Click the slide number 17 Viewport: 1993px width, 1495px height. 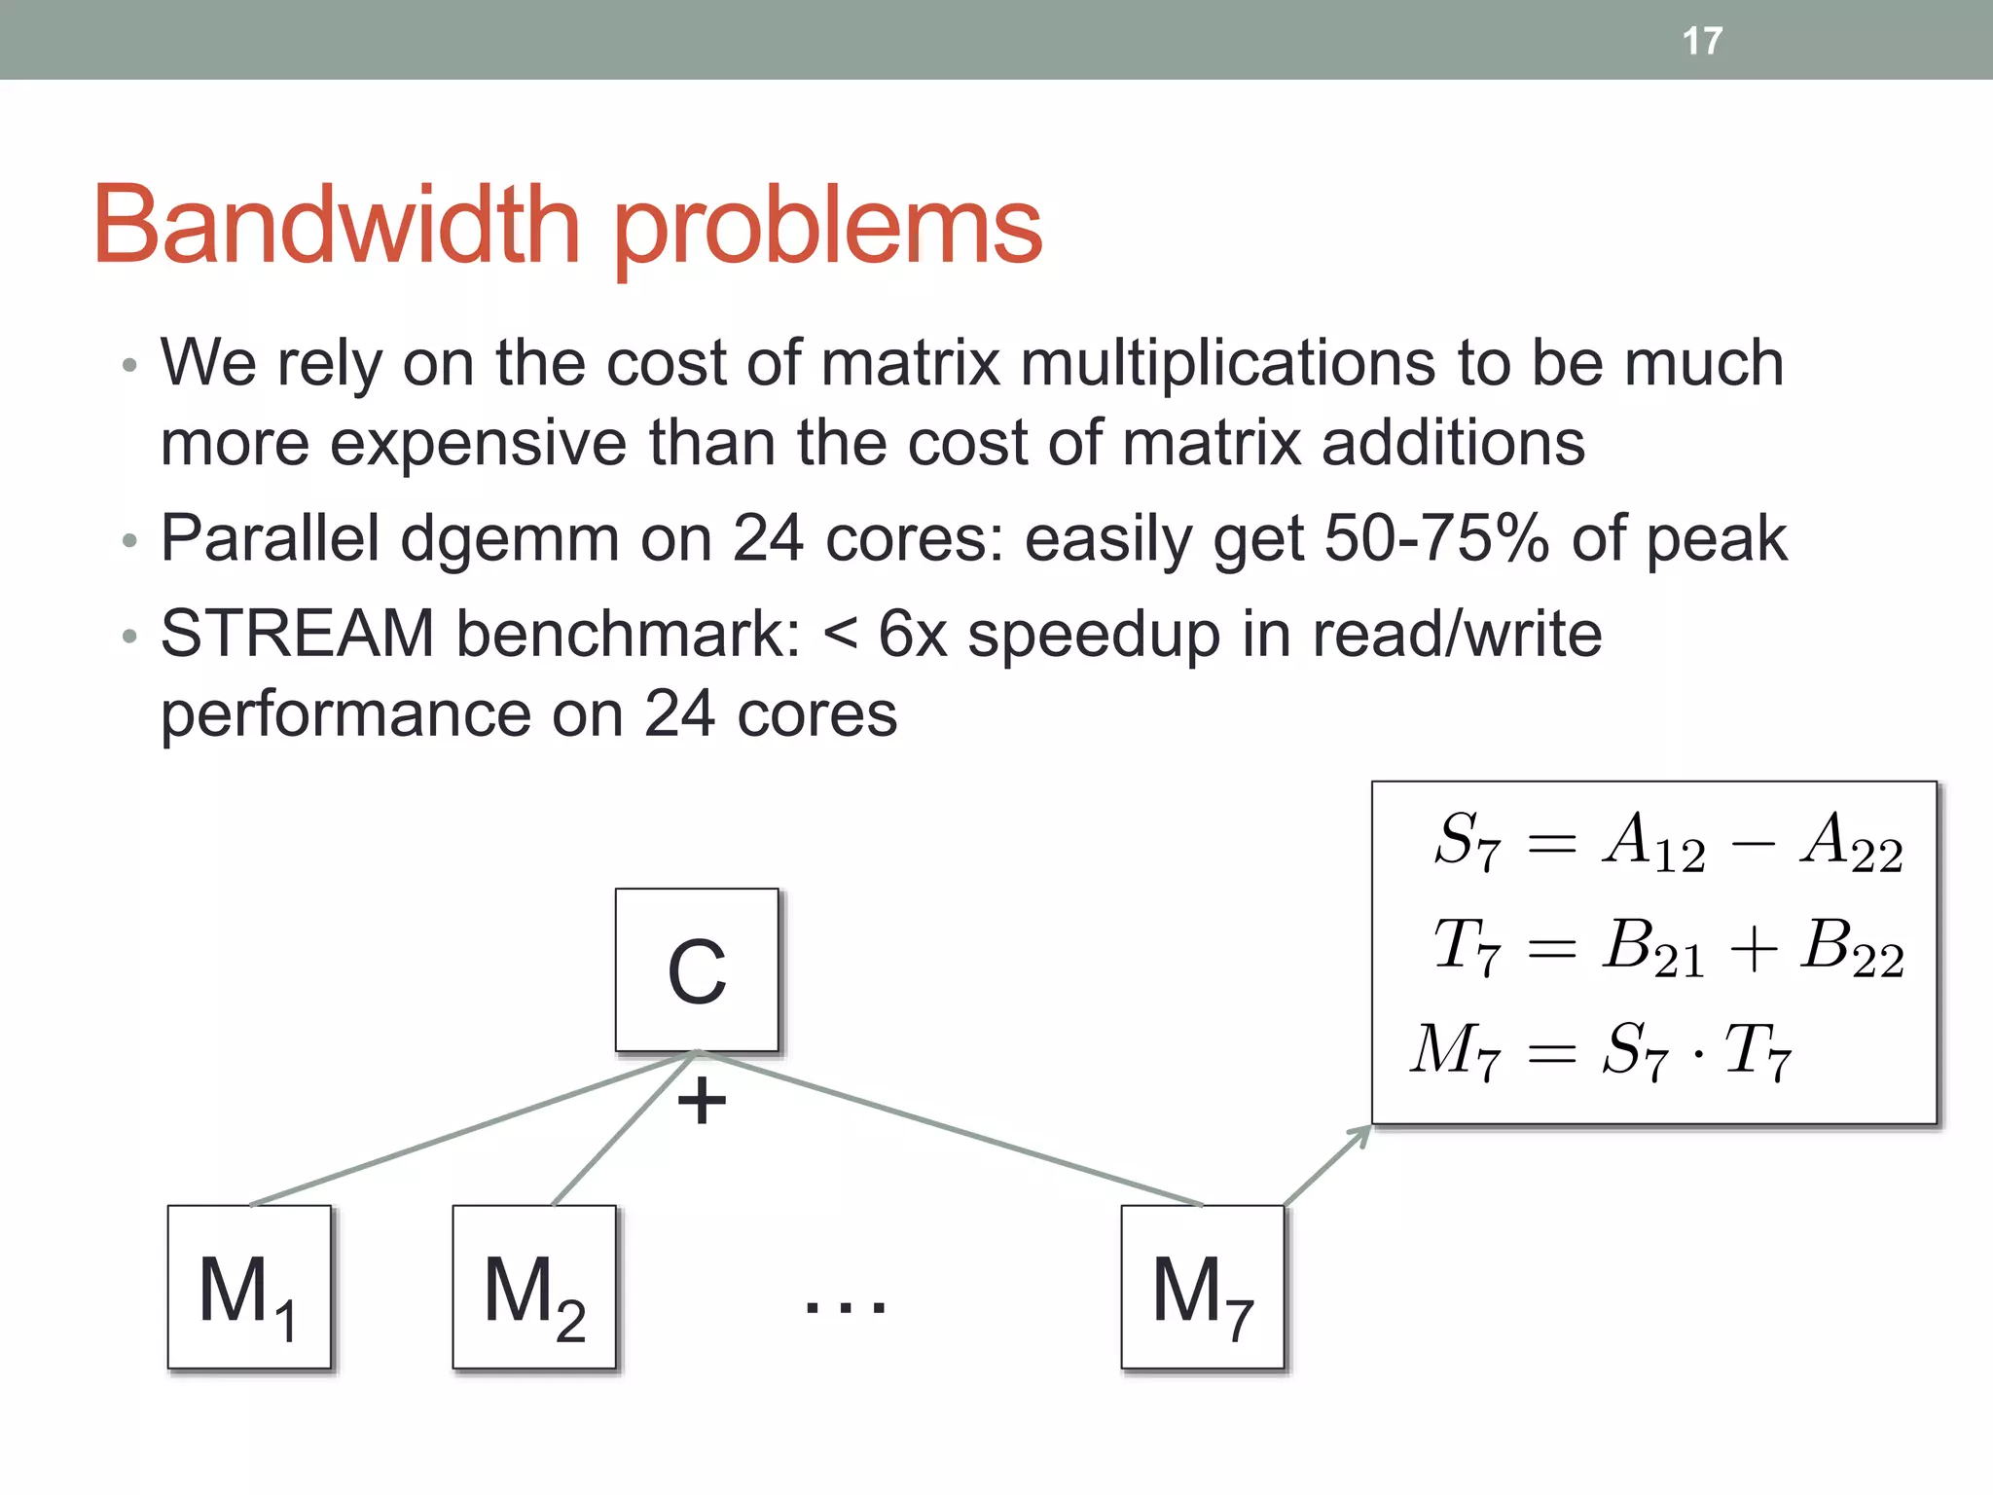click(x=1702, y=41)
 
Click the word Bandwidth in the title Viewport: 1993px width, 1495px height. click(x=336, y=226)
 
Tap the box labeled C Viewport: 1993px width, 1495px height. click(x=697, y=970)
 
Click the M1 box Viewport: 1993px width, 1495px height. click(x=249, y=1288)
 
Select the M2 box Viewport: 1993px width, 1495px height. click(x=534, y=1288)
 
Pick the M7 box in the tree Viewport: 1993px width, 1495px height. click(x=1203, y=1288)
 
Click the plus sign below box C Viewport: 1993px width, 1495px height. click(x=702, y=1102)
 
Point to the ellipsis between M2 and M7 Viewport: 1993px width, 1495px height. click(x=845, y=1304)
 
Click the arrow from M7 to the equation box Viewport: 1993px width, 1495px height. click(x=1327, y=1165)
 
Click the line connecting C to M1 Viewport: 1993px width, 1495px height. click(x=467, y=1130)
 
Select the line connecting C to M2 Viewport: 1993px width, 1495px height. click(x=623, y=1130)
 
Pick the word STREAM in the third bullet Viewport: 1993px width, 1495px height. click(x=297, y=635)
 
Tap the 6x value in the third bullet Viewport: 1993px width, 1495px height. click(x=912, y=635)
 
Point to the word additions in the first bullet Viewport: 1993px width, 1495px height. click(x=1453, y=444)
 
